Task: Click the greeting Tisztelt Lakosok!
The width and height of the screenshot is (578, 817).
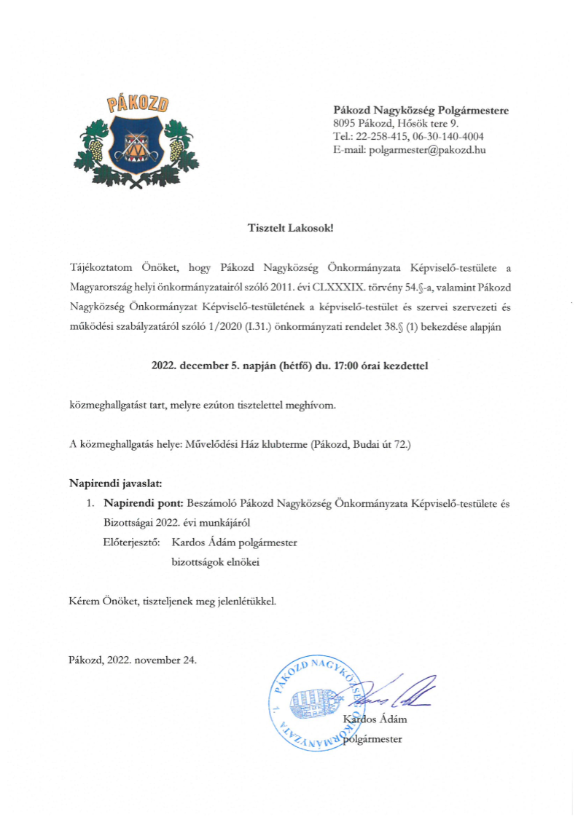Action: pyautogui.click(x=290, y=228)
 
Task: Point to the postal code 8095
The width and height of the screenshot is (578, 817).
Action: pyautogui.click(x=345, y=124)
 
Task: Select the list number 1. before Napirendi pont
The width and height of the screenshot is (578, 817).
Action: pyautogui.click(x=91, y=503)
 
